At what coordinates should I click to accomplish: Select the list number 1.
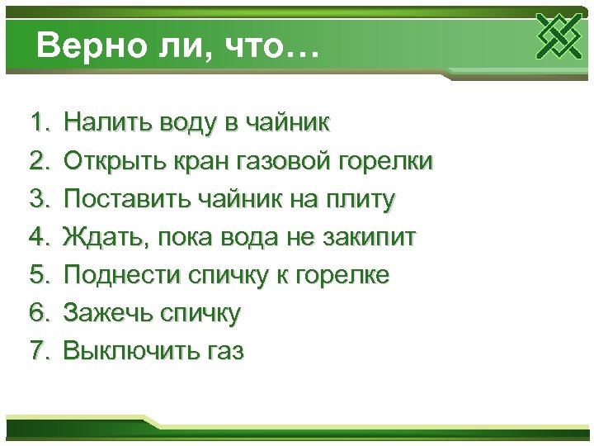tap(38, 124)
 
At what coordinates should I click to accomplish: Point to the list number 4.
tap(38, 238)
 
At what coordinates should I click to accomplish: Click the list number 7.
tap(38, 351)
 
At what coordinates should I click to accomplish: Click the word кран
tap(198, 162)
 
